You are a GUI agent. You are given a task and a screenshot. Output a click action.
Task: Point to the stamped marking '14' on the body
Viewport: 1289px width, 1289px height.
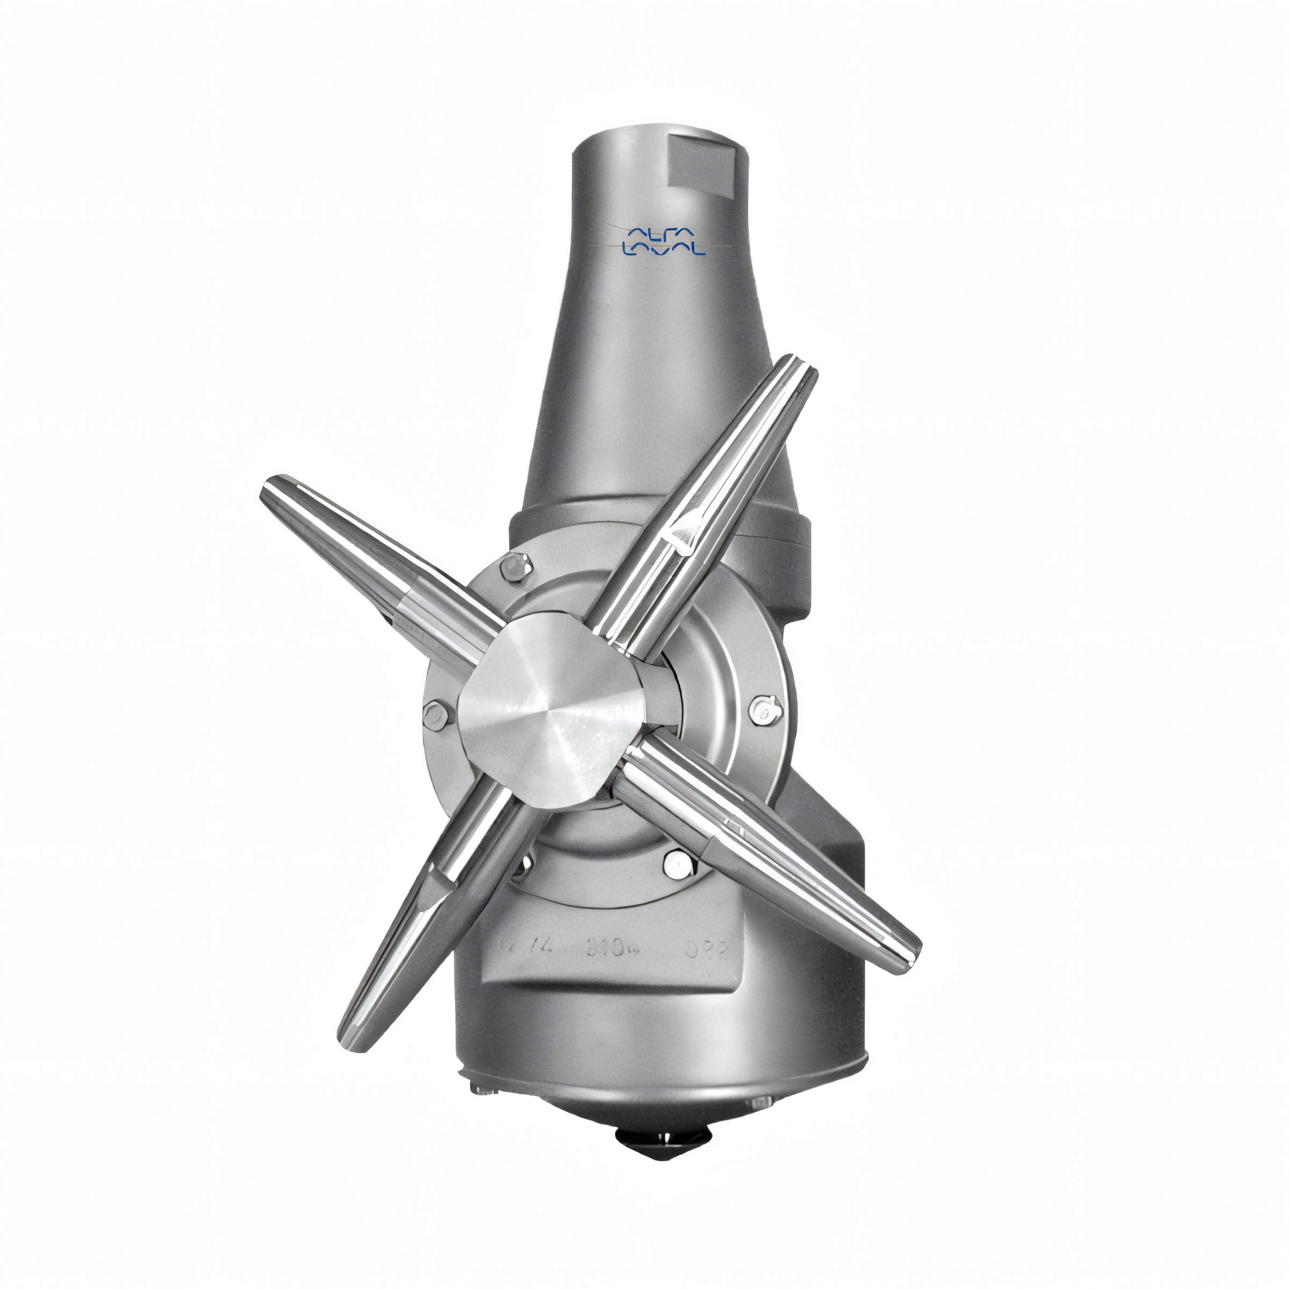click(515, 945)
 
